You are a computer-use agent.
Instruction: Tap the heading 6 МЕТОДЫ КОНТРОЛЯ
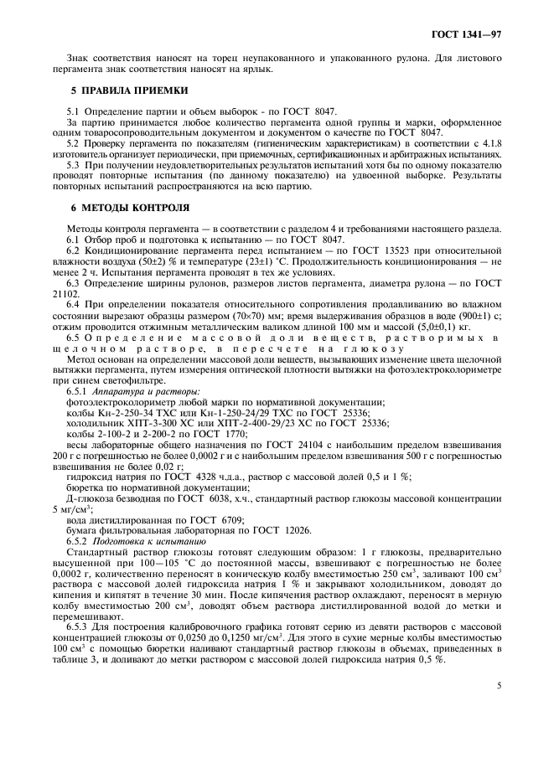point(124,206)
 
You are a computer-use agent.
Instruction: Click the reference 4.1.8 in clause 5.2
point(489,144)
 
